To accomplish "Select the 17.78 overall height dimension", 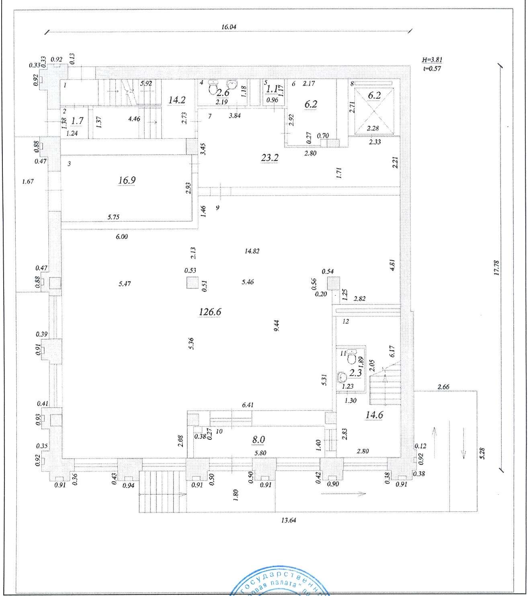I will tap(496, 267).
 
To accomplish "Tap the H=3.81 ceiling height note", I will tap(432, 60).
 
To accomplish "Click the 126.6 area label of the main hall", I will tap(210, 311).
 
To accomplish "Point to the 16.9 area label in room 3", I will tap(127, 180).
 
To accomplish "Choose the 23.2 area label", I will tap(270, 157).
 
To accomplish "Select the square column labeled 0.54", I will tap(333, 284).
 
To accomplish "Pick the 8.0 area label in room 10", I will tap(258, 439).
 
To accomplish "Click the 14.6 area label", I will tap(374, 415).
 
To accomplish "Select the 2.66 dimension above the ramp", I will tap(443, 387).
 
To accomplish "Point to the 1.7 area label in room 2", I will tap(77, 120).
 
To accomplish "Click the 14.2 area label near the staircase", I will tap(176, 100).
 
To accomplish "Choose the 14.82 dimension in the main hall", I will tap(252, 251).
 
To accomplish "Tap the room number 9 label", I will tap(217, 208).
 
